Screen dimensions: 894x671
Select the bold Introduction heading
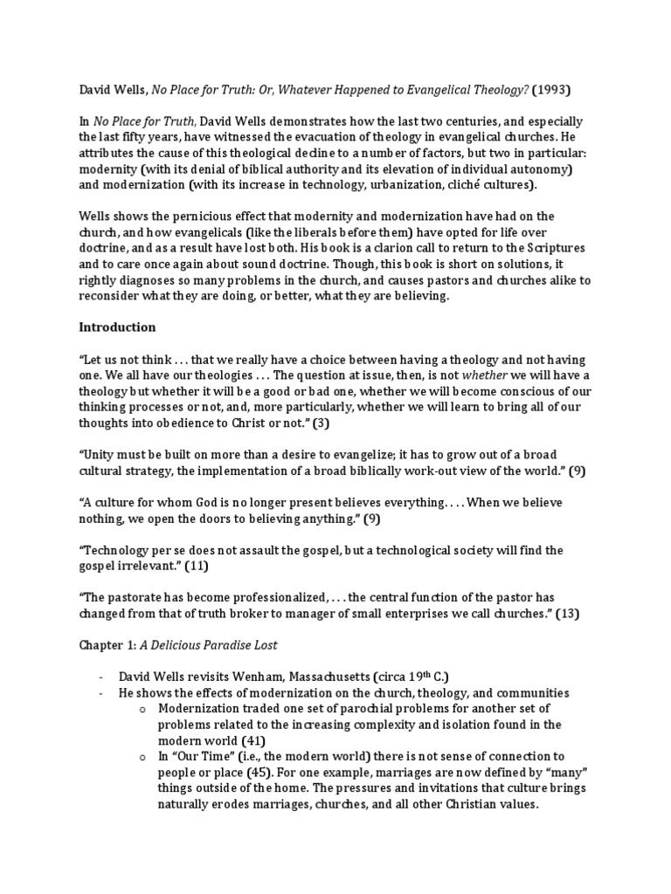pos(117,327)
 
